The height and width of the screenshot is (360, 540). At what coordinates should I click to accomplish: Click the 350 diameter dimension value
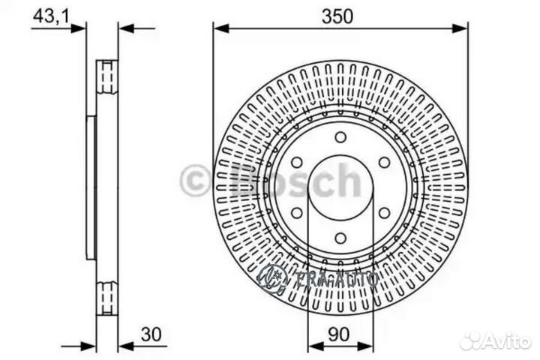[x=337, y=16]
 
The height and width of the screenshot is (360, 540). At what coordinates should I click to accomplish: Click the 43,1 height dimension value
[x=52, y=16]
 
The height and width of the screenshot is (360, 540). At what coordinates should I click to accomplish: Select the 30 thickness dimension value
[x=151, y=334]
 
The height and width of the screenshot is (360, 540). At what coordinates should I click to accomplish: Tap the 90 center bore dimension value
[x=338, y=334]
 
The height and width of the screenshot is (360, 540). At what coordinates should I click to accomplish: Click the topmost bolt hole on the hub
[x=340, y=137]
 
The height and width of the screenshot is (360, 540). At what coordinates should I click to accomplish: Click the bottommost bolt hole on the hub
[x=340, y=238]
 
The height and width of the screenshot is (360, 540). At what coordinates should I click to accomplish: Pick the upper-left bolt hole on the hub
[x=296, y=163]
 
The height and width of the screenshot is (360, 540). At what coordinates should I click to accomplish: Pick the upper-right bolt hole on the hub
[x=384, y=163]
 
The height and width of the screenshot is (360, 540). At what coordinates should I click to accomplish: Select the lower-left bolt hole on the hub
[x=296, y=213]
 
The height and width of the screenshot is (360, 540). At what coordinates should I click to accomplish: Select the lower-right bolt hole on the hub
[x=384, y=213]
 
